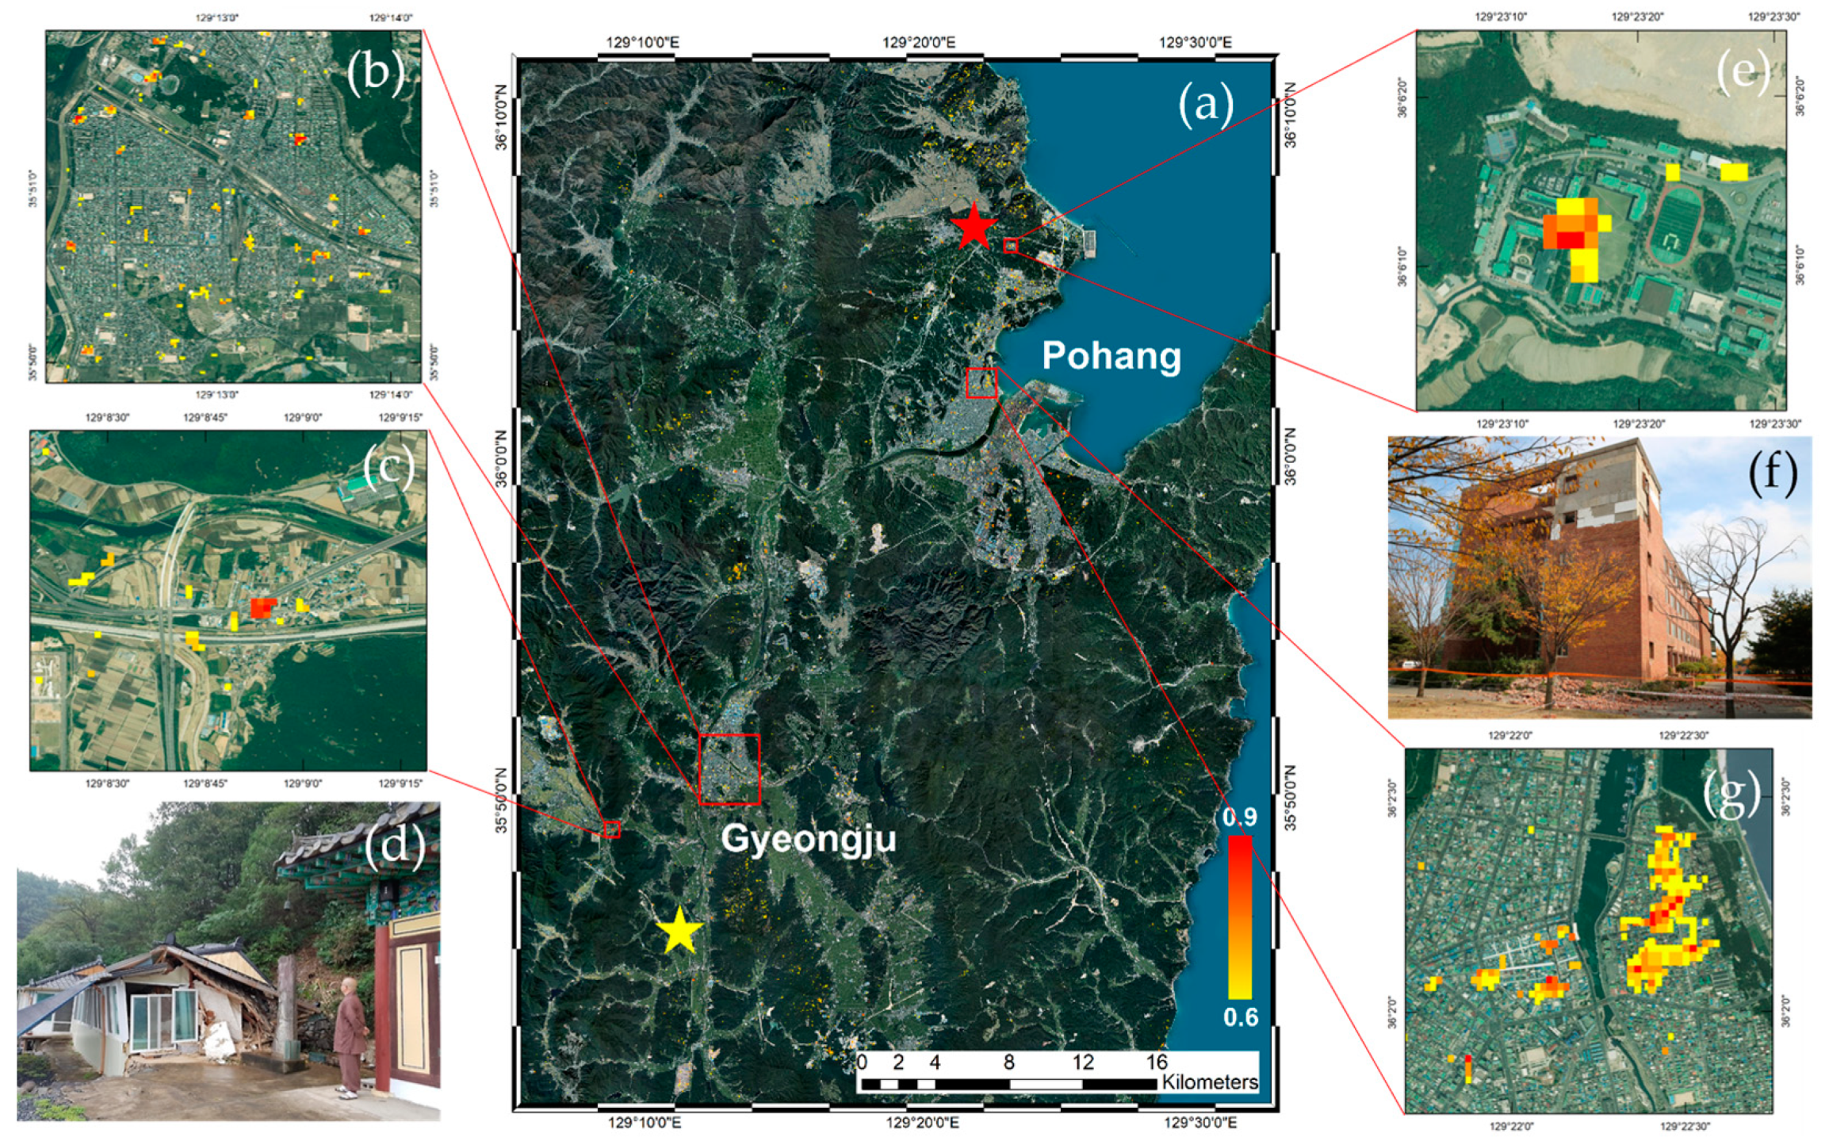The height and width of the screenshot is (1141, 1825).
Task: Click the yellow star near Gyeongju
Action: tap(679, 930)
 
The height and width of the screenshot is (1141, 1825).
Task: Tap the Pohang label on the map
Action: tap(1111, 355)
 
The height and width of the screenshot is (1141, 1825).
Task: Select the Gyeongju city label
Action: tap(808, 838)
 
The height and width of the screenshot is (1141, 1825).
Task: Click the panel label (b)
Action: tap(375, 71)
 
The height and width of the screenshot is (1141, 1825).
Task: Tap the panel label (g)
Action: tap(1731, 793)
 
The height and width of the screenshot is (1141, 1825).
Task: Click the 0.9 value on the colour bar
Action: tap(1239, 817)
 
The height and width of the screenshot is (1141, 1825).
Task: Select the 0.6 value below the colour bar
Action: tap(1241, 1017)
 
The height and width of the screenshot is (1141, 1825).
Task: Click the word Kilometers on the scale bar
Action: tap(1210, 1082)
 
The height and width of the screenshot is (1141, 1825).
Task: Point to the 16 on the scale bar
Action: tap(1157, 1062)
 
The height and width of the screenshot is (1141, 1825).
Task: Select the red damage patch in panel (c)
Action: tap(262, 608)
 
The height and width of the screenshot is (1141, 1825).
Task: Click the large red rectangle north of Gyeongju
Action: tap(729, 769)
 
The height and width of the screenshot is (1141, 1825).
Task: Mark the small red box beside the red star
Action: tap(1010, 246)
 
